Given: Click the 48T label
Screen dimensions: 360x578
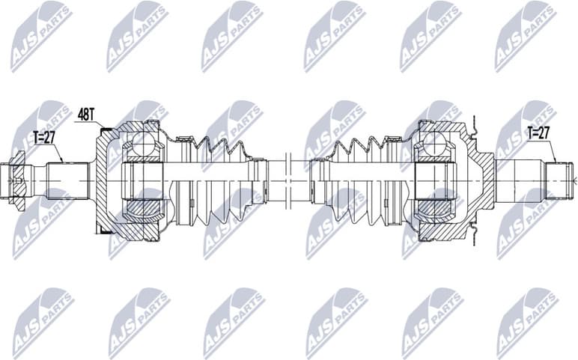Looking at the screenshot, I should [x=87, y=115].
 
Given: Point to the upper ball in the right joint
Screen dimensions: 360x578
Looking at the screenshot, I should [x=433, y=144].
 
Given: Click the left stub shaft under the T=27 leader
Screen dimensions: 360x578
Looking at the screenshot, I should [x=64, y=180].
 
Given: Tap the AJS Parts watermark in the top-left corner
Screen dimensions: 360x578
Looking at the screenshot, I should [x=41, y=34].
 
